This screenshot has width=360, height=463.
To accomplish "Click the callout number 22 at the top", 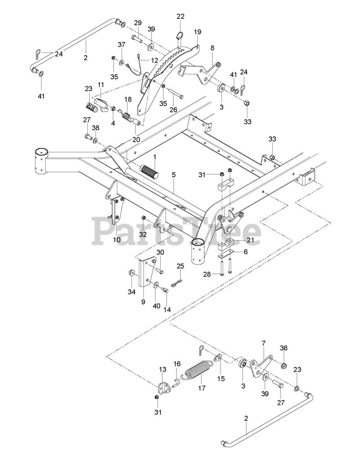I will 180,16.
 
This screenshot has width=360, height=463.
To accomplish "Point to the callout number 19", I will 197,31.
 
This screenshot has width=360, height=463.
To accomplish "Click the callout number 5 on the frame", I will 173,175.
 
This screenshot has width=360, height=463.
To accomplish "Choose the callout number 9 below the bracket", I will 143,302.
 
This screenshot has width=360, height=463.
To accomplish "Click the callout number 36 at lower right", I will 283,348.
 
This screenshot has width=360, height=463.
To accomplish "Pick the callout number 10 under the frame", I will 117,240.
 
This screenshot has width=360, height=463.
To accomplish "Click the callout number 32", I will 143,234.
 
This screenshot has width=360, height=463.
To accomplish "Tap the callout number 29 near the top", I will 138,23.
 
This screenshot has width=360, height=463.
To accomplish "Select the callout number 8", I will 212,47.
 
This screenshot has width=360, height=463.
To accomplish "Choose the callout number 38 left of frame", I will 95,128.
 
